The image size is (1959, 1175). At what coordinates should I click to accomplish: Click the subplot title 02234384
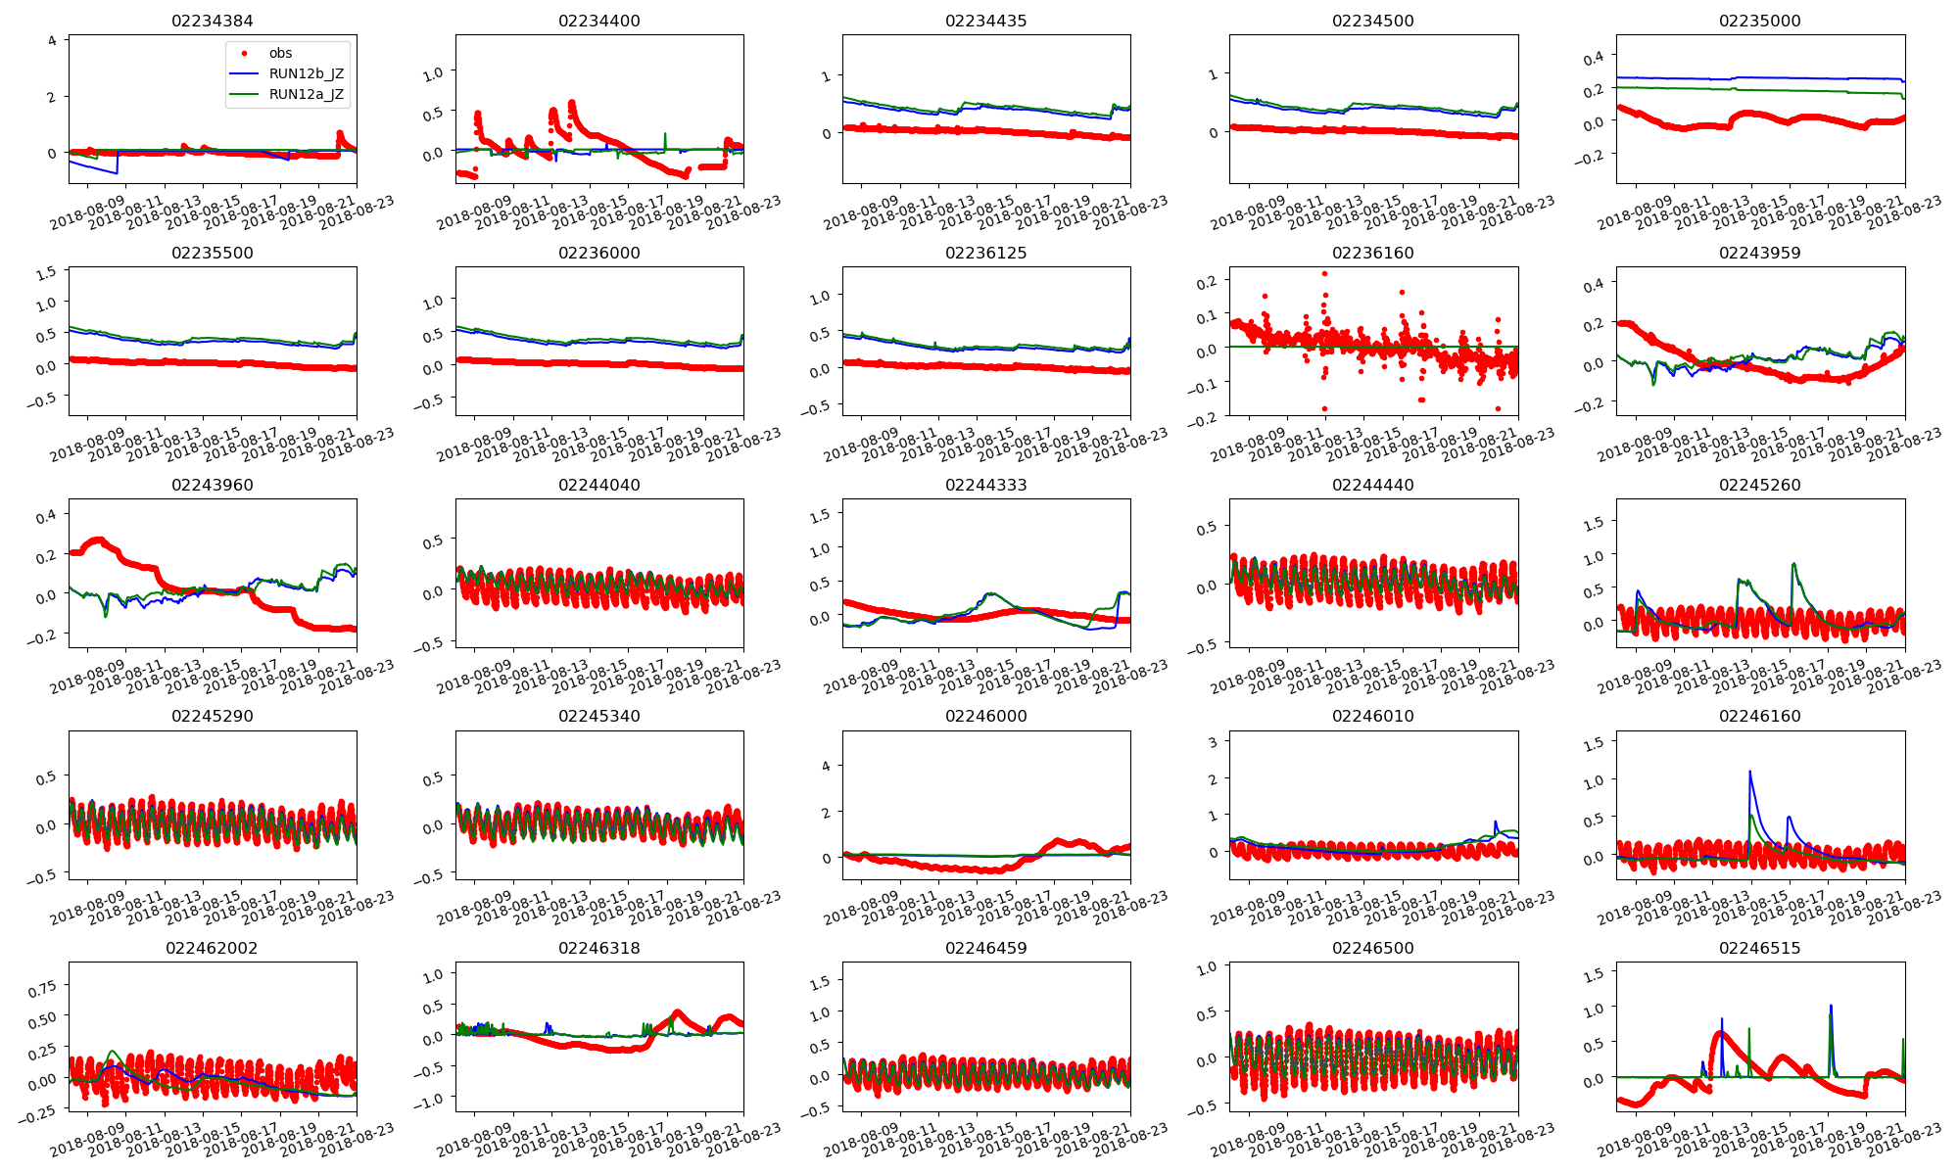[x=212, y=21]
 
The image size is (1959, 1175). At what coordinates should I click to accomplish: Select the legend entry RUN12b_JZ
[x=306, y=73]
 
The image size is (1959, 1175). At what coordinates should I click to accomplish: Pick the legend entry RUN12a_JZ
[x=306, y=94]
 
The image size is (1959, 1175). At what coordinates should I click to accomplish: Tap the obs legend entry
[x=280, y=53]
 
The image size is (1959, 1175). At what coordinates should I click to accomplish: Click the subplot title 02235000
[x=1760, y=21]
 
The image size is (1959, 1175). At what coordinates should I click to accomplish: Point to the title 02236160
[x=1373, y=253]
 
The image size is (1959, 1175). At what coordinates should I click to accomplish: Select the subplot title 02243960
[x=212, y=485]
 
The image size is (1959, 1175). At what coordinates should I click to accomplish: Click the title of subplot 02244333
[x=986, y=485]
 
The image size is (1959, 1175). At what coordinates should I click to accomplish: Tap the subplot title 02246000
[x=986, y=716]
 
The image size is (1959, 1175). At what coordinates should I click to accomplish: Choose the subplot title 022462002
[x=212, y=948]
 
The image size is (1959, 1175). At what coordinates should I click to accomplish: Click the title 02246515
[x=1760, y=948]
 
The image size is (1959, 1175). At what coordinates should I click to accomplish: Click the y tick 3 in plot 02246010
[x=1213, y=742]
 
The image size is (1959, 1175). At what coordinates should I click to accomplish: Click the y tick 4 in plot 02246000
[x=826, y=766]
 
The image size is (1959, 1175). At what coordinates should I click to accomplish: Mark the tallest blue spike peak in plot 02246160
[x=1749, y=772]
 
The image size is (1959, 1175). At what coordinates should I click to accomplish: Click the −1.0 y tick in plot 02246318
[x=428, y=1100]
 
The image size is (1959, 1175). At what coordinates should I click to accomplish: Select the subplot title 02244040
[x=598, y=485]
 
